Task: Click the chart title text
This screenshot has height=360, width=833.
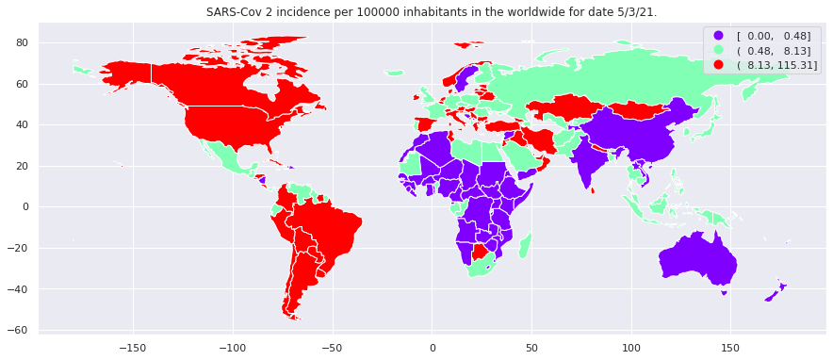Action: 432,12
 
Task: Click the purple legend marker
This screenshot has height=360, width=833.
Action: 719,36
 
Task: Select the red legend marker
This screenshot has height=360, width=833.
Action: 719,64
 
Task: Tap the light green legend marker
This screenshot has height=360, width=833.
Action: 719,50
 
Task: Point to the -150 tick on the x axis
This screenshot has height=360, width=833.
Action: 133,346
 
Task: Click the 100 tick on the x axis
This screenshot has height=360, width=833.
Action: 631,346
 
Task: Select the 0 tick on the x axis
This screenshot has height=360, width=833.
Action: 433,346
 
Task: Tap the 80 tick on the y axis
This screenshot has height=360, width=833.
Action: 21,42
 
